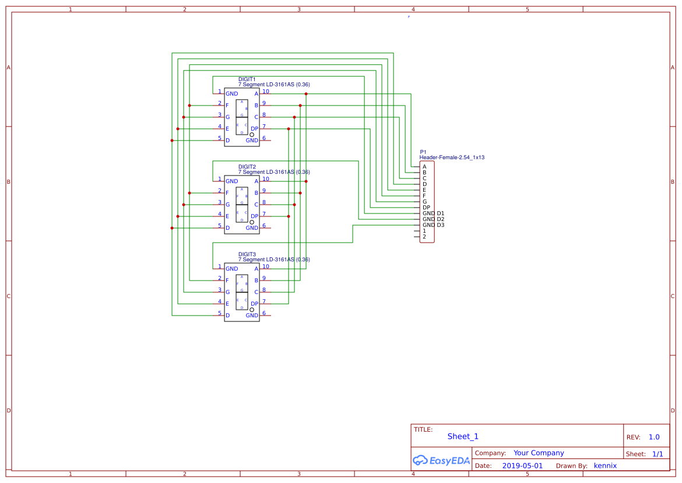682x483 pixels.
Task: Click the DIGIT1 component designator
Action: (247, 79)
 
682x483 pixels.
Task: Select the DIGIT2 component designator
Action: (247, 166)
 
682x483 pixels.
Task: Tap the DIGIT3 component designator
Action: (247, 254)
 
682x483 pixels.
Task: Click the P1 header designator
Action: (423, 152)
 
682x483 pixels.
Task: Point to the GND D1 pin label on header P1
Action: (433, 213)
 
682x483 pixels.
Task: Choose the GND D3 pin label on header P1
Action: (433, 225)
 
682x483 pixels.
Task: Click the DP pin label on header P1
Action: (426, 208)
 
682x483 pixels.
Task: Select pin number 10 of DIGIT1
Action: (265, 91)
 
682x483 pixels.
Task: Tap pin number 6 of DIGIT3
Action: (264, 313)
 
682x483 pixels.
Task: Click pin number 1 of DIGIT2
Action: (220, 179)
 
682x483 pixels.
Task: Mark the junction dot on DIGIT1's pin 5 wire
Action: (172, 141)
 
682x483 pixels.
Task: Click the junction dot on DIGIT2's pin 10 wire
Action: (306, 181)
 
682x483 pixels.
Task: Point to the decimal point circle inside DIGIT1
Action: (252, 135)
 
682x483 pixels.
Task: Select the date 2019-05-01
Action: (522, 466)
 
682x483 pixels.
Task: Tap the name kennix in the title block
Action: (605, 466)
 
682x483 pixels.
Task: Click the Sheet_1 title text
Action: (463, 436)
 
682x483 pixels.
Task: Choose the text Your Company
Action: (539, 453)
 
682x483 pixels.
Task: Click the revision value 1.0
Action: (654, 437)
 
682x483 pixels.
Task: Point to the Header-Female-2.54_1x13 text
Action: (452, 157)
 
